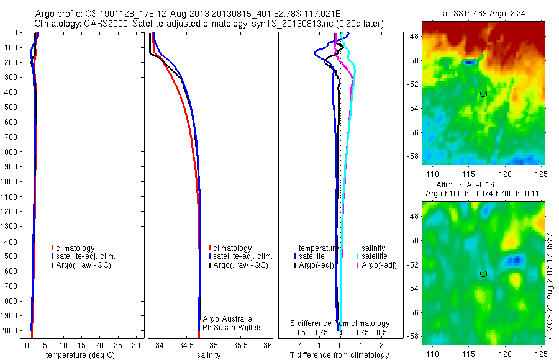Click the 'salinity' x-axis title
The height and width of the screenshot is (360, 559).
[x=207, y=355]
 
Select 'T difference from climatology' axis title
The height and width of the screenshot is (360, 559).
[x=340, y=355]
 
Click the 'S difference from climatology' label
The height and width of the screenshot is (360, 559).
[x=340, y=323]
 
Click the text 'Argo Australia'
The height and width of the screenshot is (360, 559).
[x=227, y=318]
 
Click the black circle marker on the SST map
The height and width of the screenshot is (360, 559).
[x=483, y=94]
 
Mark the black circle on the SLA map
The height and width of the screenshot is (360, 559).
[x=483, y=273]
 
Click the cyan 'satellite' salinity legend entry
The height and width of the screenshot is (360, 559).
[x=375, y=256]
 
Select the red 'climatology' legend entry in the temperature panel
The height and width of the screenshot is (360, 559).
[x=74, y=248]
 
